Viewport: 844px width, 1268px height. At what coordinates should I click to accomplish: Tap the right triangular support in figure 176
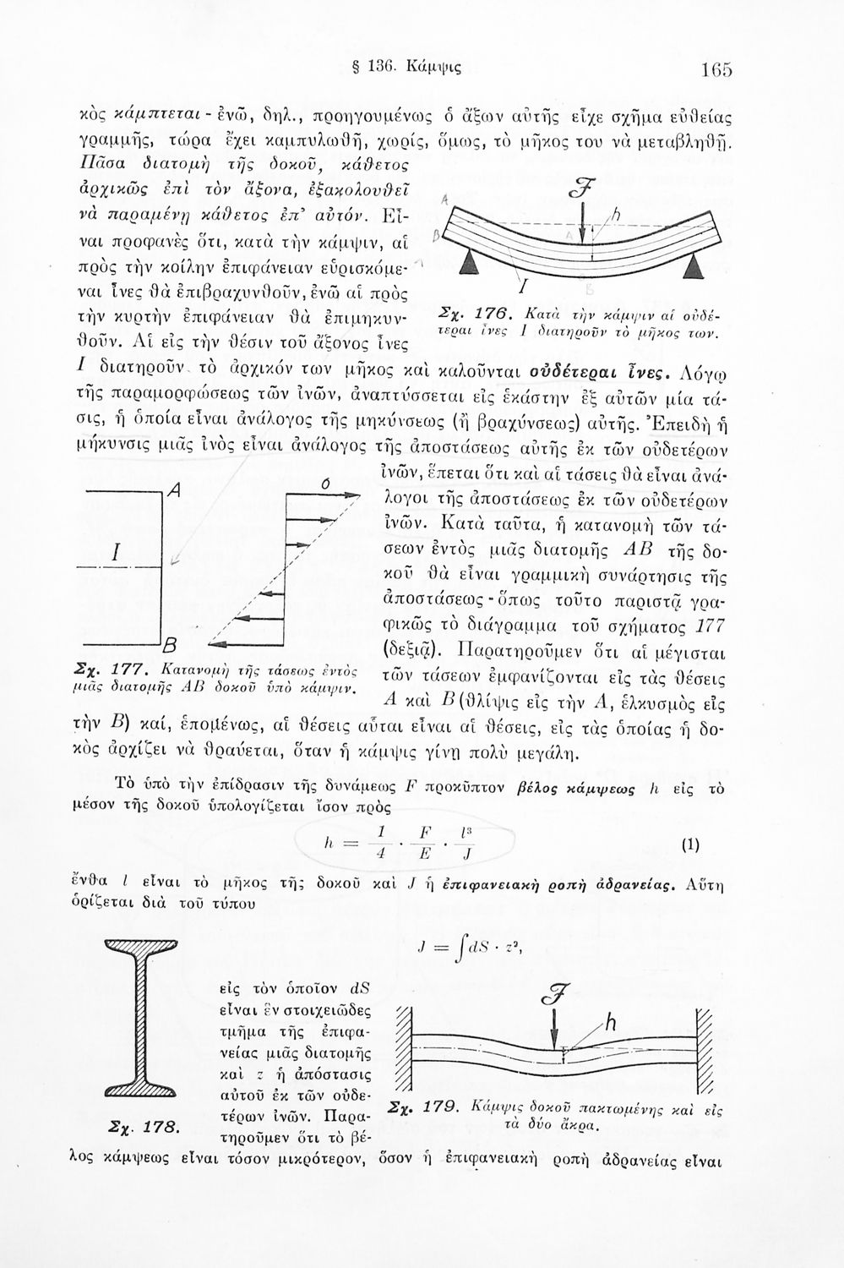point(694,268)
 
